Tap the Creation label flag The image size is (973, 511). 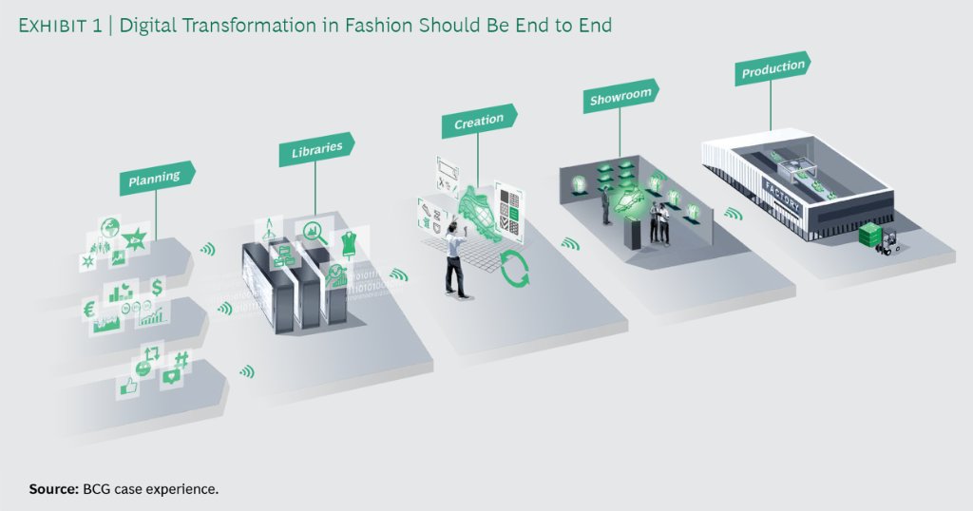[479, 122]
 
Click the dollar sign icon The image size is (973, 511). [156, 286]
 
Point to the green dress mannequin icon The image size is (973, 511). [347, 241]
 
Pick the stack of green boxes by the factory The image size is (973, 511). [872, 235]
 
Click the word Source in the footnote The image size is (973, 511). [50, 489]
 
